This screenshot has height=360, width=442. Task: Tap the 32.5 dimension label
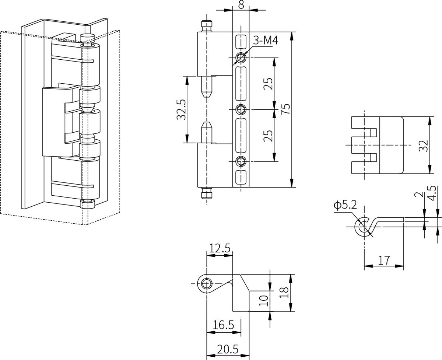[x=181, y=109]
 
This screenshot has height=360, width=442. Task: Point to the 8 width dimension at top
[x=241, y=4]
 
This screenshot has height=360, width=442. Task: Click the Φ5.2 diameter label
[x=345, y=205]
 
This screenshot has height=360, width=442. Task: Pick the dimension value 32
[x=423, y=146]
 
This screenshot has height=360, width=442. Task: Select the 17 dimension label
[x=384, y=261]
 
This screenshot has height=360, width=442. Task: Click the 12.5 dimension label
[x=220, y=248]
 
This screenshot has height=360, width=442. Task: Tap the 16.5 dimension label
[x=224, y=325]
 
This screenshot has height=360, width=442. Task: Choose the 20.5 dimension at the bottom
[x=228, y=349]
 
